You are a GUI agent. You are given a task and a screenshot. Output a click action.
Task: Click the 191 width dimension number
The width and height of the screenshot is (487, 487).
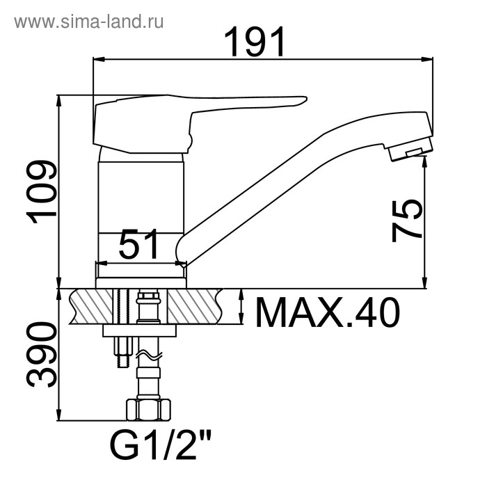click(x=254, y=42)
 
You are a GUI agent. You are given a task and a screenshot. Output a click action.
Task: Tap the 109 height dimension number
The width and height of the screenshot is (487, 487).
click(x=42, y=192)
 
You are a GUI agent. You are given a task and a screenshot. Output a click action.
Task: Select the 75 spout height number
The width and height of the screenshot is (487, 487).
click(x=407, y=221)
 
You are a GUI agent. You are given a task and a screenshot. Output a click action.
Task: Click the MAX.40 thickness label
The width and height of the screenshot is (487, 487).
click(x=328, y=313)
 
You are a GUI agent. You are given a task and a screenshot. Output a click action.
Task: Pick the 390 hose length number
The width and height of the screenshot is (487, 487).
click(x=42, y=355)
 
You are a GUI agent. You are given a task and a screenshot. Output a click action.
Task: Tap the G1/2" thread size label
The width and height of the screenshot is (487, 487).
click(x=161, y=445)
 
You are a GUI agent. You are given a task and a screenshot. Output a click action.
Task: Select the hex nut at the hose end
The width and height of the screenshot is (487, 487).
click(x=148, y=410)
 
